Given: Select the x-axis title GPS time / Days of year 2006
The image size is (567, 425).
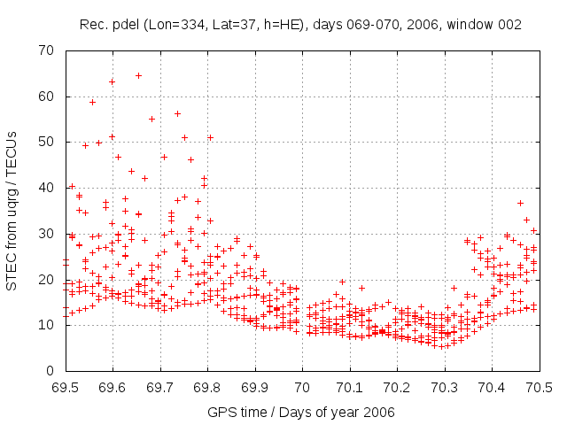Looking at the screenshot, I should [301, 413].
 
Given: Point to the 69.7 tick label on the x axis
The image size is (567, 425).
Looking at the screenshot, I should [159, 387].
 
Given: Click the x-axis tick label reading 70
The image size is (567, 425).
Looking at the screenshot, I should [302, 387].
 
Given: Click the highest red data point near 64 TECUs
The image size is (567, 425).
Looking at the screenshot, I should [138, 75].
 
